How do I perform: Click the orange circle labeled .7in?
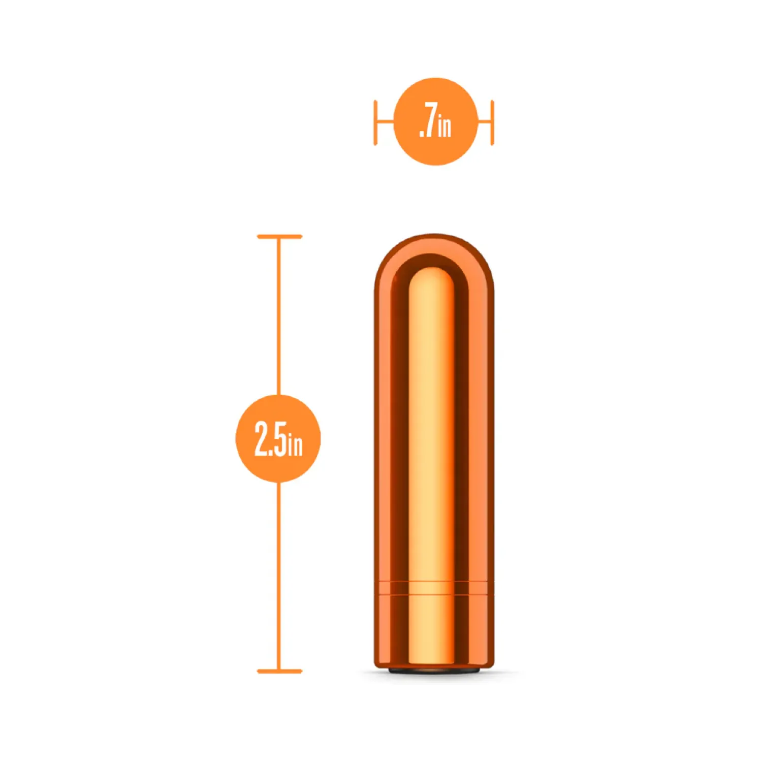(x=435, y=121)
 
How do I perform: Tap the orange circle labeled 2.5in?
(x=278, y=438)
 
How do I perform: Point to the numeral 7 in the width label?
(x=430, y=122)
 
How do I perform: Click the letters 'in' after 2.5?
(x=295, y=444)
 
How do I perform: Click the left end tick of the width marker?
(x=375, y=122)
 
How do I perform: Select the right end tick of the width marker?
(x=492, y=122)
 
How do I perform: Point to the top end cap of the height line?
(x=279, y=237)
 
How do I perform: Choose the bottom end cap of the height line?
(x=279, y=671)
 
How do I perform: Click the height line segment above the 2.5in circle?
(x=278, y=315)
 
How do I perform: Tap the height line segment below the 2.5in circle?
(x=278, y=574)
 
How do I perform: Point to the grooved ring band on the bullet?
(x=434, y=587)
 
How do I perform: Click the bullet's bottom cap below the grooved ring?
(x=434, y=630)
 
